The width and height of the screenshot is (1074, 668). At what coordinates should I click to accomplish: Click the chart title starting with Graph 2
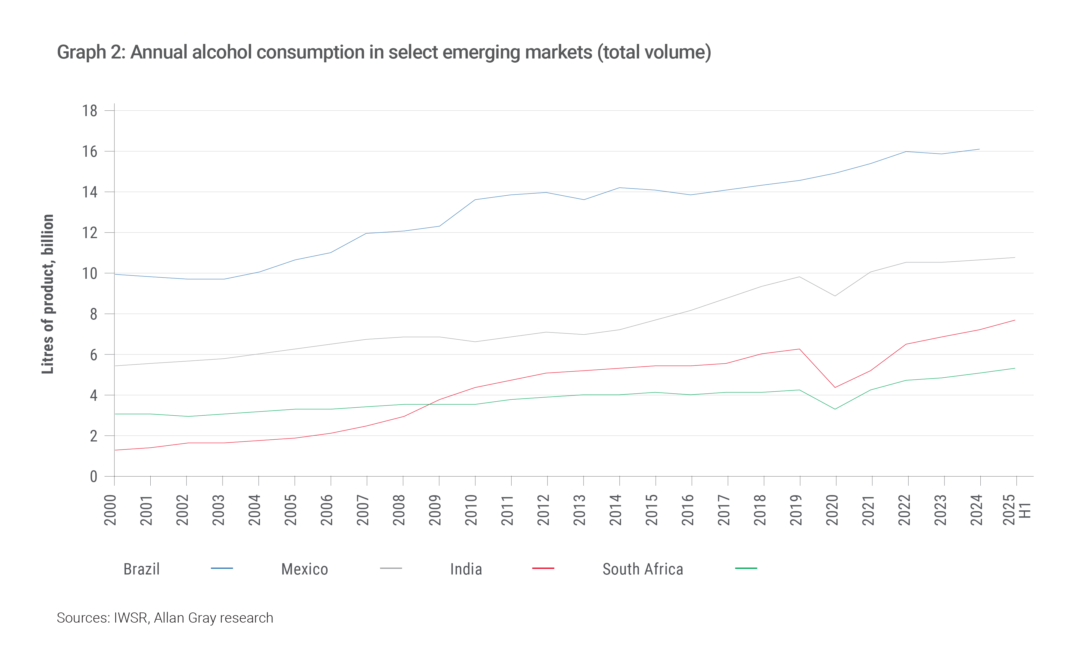[x=384, y=53]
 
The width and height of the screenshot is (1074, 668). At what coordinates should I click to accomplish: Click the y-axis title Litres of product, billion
[x=48, y=294]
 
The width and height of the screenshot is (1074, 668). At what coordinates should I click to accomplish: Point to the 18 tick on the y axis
[x=90, y=111]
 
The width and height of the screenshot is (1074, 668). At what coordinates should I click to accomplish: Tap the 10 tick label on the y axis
[x=90, y=273]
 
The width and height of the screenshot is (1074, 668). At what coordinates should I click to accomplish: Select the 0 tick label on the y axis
[x=93, y=477]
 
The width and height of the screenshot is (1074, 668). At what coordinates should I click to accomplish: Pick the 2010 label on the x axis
[x=471, y=510]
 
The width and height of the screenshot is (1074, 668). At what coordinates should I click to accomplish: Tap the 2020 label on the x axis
[x=832, y=510]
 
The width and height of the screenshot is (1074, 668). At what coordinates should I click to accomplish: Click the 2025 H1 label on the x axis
[x=1017, y=510]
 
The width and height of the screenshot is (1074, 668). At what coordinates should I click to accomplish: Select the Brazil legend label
[x=141, y=569]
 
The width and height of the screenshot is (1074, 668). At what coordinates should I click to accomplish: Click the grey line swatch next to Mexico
[x=391, y=568]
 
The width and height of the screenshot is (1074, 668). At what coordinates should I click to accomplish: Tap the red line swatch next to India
[x=543, y=568]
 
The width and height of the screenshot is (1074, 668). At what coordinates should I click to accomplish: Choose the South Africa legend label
[x=643, y=569]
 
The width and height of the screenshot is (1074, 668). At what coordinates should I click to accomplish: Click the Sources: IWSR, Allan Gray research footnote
[x=165, y=618]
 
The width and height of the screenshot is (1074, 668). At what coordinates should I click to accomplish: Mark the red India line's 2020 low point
[x=835, y=387]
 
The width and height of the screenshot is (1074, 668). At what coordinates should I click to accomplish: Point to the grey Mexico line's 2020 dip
[x=835, y=296]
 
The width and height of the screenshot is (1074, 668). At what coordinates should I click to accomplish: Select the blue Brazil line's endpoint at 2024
[x=980, y=149]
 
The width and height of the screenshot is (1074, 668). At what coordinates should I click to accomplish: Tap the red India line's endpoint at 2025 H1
[x=1015, y=320]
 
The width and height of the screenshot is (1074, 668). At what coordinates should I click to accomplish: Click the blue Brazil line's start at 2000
[x=115, y=274]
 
